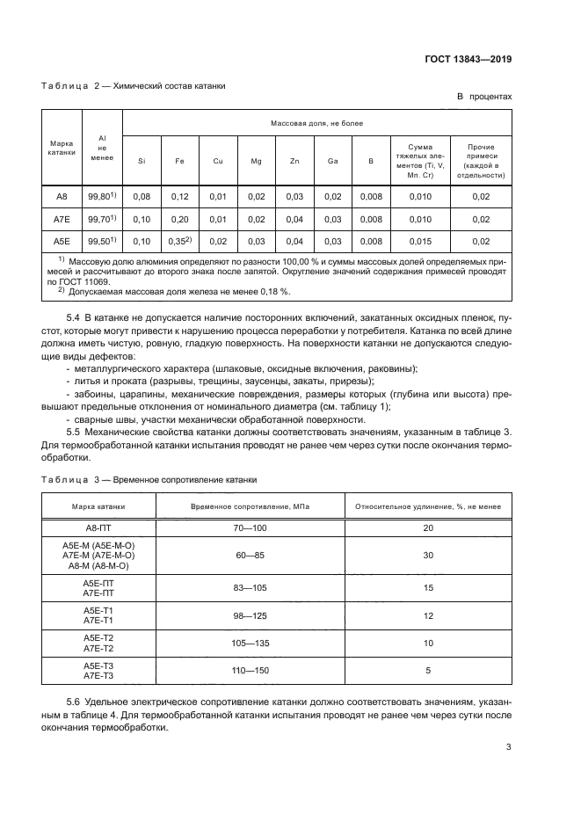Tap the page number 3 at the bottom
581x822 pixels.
coord(508,748)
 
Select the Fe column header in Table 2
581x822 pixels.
coord(179,161)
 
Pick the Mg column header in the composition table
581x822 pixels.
coord(256,161)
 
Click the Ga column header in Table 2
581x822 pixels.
coord(332,161)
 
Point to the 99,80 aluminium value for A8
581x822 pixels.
coord(102,196)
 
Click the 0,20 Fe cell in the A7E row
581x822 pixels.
coord(179,218)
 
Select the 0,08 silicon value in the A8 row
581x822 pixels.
coord(142,196)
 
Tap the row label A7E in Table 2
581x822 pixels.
coord(62,218)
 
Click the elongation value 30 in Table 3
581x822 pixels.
coord(428,555)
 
